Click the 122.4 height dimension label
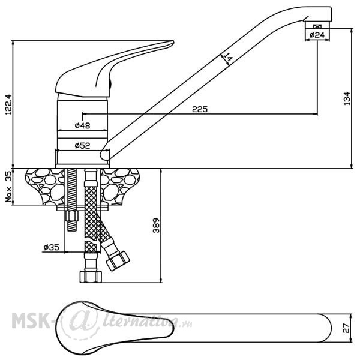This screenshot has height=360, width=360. point(8,104)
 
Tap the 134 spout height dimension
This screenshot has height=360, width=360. point(347,98)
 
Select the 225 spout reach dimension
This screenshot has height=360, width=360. point(200,109)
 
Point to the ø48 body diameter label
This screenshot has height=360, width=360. point(82,125)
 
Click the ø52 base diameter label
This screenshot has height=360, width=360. point(82,145)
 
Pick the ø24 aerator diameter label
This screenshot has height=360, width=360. point(317,35)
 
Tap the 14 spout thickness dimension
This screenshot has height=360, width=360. point(228,57)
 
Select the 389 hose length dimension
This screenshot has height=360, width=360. point(156,226)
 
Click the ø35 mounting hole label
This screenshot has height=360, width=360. point(52,247)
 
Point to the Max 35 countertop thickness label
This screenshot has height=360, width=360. point(8,187)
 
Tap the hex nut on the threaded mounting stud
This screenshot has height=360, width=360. point(72,216)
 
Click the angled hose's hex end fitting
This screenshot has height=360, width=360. point(118,261)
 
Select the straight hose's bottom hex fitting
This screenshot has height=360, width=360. point(91,277)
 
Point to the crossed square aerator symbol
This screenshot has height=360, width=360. point(317,26)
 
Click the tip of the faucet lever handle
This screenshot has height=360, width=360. point(173,42)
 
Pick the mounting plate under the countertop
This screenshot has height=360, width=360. point(83,208)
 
